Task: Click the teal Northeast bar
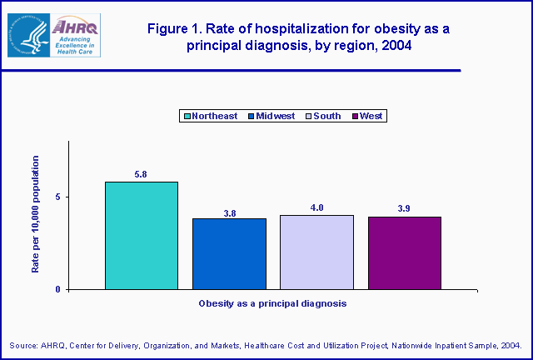tap(141, 236)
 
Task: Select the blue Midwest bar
tap(229, 254)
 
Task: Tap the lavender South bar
tap(316, 252)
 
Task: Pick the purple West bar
tap(404, 253)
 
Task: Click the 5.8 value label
tap(141, 174)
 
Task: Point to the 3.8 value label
tap(229, 212)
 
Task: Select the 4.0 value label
tap(316, 208)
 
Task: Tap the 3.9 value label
tap(404, 210)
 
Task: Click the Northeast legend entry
tap(209, 116)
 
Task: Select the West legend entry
tap(366, 116)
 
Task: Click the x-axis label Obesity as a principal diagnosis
tap(271, 304)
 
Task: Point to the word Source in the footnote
tap(25, 345)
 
